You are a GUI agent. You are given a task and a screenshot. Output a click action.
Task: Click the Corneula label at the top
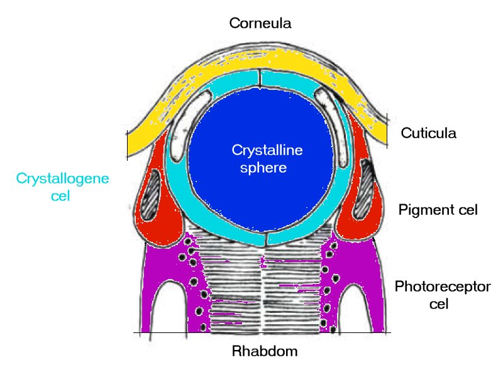click(x=261, y=24)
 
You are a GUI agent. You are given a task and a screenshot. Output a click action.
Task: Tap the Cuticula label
click(x=428, y=133)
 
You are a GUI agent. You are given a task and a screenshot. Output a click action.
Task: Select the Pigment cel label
click(x=438, y=210)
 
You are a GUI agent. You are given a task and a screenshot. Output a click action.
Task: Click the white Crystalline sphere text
click(x=258, y=159)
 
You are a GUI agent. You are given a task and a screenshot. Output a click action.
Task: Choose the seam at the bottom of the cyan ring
click(x=266, y=240)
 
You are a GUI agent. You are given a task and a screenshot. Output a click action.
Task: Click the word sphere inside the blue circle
click(x=267, y=168)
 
